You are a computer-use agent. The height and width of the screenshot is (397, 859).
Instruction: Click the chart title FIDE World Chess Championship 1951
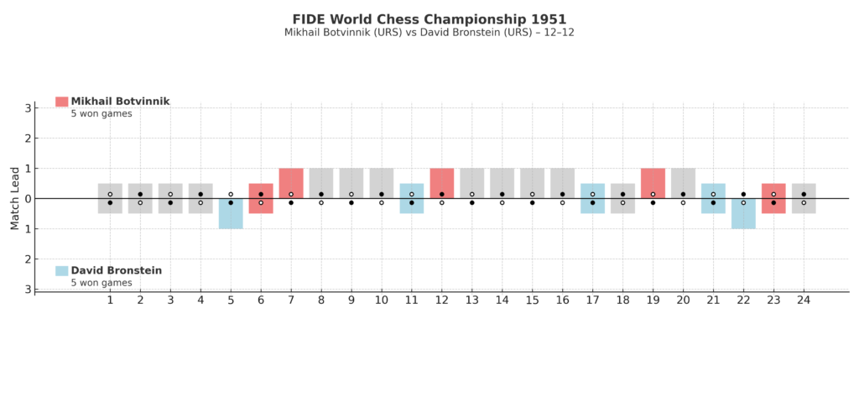tap(429, 18)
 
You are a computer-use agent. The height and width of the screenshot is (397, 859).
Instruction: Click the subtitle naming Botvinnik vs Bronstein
tap(429, 33)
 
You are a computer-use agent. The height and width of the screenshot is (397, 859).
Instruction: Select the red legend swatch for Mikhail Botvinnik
tap(61, 102)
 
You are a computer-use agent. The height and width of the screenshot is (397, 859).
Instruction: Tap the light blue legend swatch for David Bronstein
tap(61, 271)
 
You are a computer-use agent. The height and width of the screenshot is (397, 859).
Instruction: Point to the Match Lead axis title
tap(14, 199)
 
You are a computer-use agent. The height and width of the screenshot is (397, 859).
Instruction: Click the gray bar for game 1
tap(110, 198)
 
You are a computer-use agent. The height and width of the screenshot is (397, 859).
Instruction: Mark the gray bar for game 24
tap(804, 198)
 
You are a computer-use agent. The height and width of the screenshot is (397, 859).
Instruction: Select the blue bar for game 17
tap(592, 198)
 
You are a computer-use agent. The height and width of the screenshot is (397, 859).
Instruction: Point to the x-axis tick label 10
tap(382, 300)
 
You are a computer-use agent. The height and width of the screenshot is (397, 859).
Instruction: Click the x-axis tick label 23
tap(773, 300)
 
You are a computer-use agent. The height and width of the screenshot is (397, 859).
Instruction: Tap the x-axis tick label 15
tap(532, 300)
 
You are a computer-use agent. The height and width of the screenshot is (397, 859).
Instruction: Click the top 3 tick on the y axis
tap(28, 108)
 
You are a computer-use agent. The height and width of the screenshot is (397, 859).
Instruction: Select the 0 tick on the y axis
tap(28, 199)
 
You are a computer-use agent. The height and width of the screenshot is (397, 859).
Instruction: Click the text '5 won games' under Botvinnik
tap(101, 113)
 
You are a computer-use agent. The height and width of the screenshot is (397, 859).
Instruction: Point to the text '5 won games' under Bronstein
tap(101, 283)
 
